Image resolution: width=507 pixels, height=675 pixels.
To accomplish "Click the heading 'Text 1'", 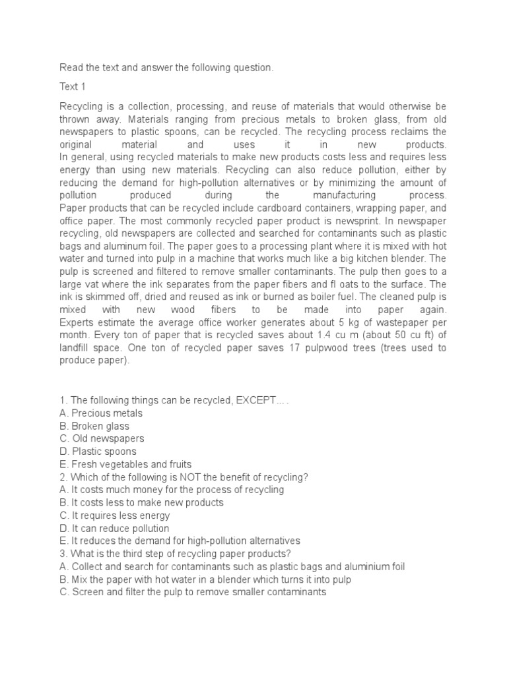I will [73, 86].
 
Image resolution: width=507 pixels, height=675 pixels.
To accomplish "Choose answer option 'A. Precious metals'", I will [101, 413].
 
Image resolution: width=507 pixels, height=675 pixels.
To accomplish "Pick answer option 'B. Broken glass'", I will [94, 426].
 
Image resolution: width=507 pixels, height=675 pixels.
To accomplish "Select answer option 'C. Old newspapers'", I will [102, 438].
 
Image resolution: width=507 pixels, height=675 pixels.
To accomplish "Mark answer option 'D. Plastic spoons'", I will [98, 452].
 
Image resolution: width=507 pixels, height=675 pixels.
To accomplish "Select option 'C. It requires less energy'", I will [115, 515].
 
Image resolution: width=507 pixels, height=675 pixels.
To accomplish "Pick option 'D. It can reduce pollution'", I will [115, 528].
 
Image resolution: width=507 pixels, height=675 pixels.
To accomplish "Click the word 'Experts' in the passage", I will [78, 322].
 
